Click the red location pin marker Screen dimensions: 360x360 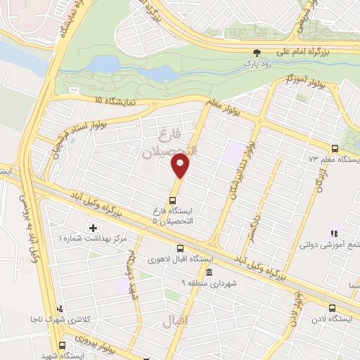[180, 167]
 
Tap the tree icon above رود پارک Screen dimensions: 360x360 [257, 52]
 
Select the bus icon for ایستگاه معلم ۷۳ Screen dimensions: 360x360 [335, 148]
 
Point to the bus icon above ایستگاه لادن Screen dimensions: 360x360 [332, 307]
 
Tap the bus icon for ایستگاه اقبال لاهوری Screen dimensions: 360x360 [181, 248]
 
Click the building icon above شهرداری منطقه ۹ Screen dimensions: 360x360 [208, 272]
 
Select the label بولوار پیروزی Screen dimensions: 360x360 [108, 347]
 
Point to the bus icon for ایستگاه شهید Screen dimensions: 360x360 [63, 345]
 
